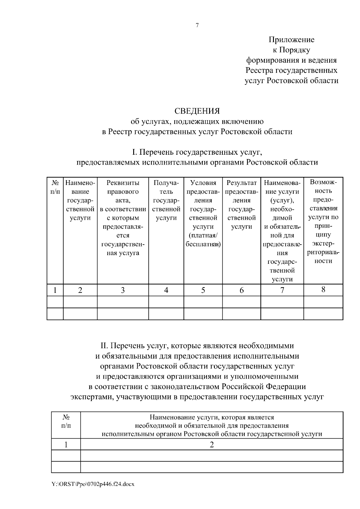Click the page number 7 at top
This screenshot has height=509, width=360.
click(197, 25)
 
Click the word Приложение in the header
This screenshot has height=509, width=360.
click(291, 40)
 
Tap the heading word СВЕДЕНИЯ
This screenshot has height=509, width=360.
click(197, 111)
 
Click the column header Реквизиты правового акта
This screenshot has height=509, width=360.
click(123, 191)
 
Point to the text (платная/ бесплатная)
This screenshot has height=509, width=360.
click(203, 240)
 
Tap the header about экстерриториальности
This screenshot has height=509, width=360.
click(323, 222)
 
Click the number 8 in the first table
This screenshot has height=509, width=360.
click(323, 290)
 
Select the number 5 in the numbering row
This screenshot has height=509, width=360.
click(203, 290)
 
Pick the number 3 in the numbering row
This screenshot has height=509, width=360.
click(123, 290)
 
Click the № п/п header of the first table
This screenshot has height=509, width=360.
click(55, 187)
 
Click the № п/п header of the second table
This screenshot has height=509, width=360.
click(66, 421)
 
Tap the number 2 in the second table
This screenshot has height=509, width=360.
click(211, 445)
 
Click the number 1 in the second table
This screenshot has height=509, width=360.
click(66, 445)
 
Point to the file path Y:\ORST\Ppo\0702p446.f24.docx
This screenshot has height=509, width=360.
click(93, 484)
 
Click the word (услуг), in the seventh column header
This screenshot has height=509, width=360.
click(282, 200)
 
